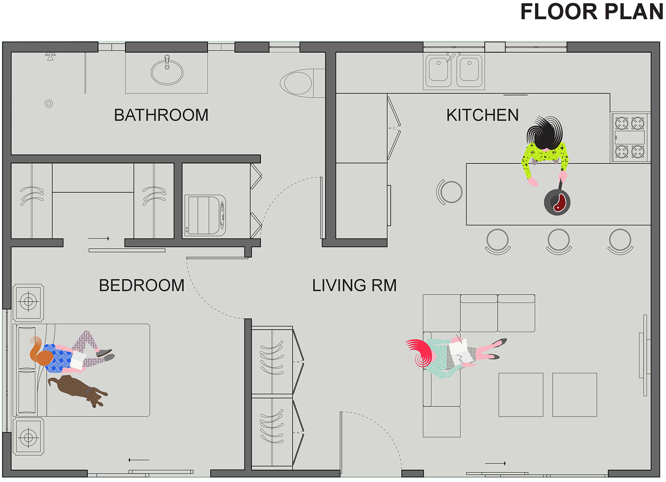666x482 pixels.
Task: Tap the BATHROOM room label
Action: pyautogui.click(x=161, y=115)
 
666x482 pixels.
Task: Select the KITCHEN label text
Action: pyautogui.click(x=482, y=115)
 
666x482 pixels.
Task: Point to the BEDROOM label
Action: pyautogui.click(x=142, y=286)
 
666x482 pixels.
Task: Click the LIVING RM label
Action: pyautogui.click(x=354, y=286)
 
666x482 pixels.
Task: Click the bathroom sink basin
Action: pyautogui.click(x=167, y=72)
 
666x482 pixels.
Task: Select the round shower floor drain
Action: pyautogui.click(x=49, y=104)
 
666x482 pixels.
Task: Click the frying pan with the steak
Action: pyautogui.click(x=557, y=202)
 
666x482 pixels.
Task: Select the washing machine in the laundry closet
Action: pyautogui.click(x=205, y=215)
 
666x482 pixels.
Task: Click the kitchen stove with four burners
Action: pyautogui.click(x=630, y=137)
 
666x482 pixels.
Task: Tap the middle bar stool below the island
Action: pyautogui.click(x=559, y=240)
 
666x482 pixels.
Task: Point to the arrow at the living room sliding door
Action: pyautogui.click(x=495, y=463)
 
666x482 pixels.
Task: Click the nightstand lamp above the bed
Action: pyautogui.click(x=28, y=301)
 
